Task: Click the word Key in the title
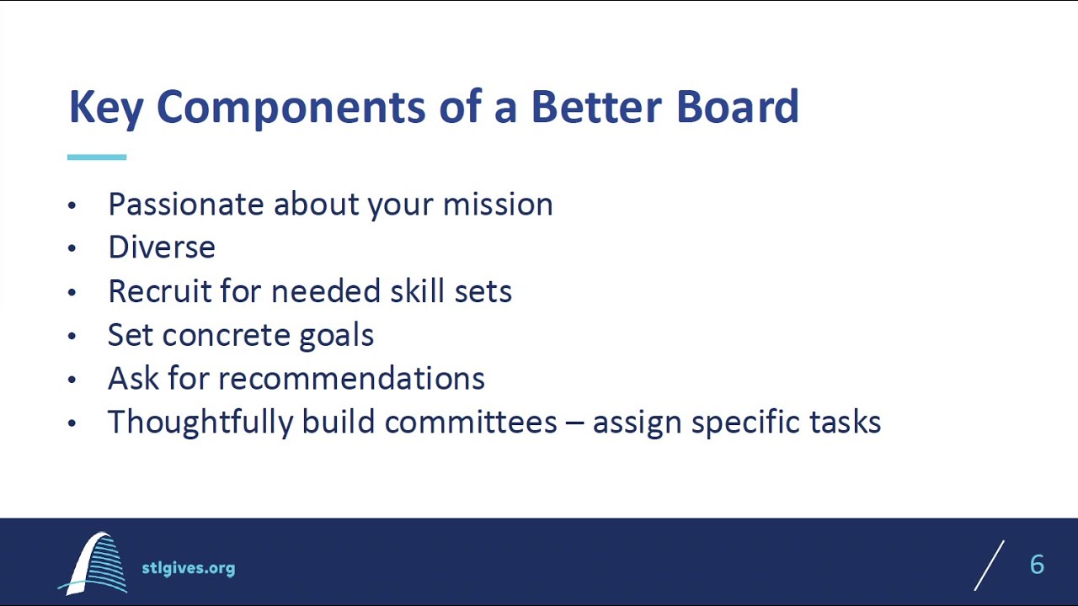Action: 105,108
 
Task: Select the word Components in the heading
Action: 291,108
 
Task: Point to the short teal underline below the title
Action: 97,157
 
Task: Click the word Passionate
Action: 185,205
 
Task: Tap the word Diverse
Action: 162,247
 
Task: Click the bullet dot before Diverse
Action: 72,248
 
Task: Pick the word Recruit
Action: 159,291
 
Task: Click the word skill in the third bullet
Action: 418,291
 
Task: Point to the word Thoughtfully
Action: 200,423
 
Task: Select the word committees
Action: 471,423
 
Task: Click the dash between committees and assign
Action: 575,423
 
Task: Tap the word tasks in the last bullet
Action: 845,423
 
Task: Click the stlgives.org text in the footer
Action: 188,568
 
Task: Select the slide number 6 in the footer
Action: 1037,565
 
